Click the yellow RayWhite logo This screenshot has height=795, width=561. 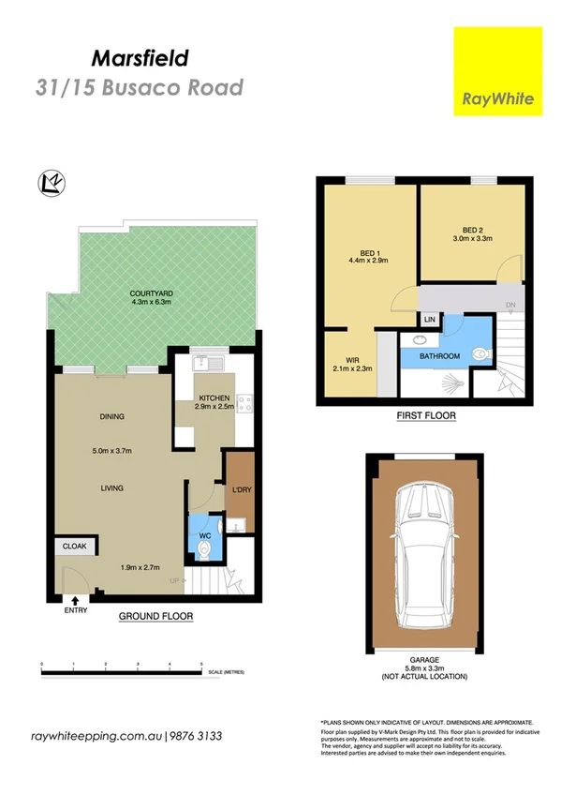tap(497, 71)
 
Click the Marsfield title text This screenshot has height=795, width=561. tap(140, 58)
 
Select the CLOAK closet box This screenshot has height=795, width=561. tap(74, 546)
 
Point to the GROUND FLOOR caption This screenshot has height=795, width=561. tap(155, 617)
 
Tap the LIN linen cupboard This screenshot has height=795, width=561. tap(430, 320)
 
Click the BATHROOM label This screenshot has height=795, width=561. tap(438, 356)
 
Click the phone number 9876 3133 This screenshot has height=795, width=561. tap(197, 737)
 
